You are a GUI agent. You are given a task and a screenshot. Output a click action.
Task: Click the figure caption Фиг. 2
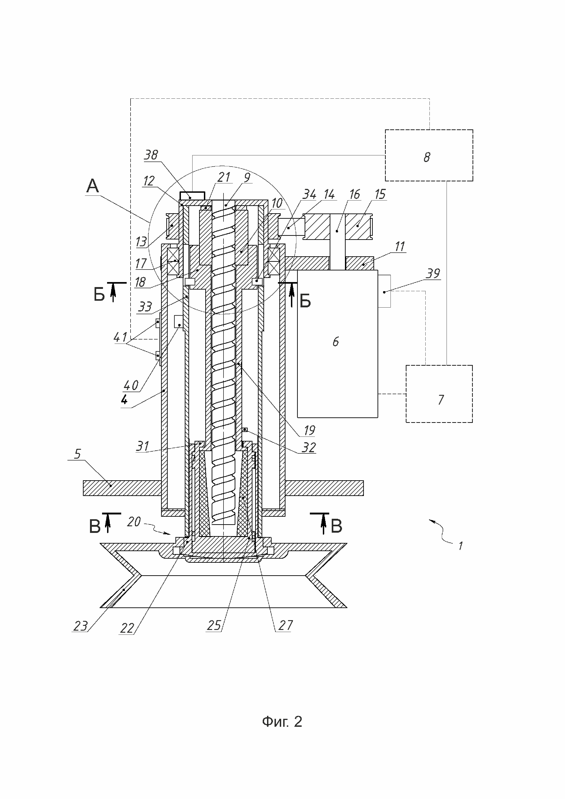coord(282,722)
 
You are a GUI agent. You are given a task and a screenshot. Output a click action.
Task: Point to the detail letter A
coord(92,186)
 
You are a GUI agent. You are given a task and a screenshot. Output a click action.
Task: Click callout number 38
coord(151,155)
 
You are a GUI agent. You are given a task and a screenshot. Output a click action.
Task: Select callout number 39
coord(433,274)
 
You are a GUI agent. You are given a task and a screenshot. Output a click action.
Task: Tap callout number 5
coord(78,454)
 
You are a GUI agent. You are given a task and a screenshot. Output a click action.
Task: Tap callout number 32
coord(309,447)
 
